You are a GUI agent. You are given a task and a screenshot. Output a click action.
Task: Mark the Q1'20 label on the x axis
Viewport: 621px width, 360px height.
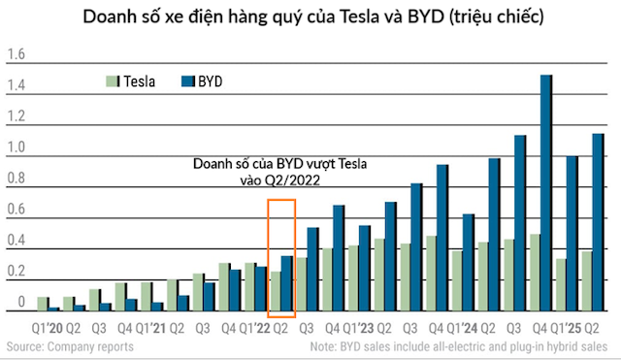tap(49, 329)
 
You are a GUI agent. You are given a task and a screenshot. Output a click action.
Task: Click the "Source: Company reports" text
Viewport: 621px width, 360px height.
tap(70, 345)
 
